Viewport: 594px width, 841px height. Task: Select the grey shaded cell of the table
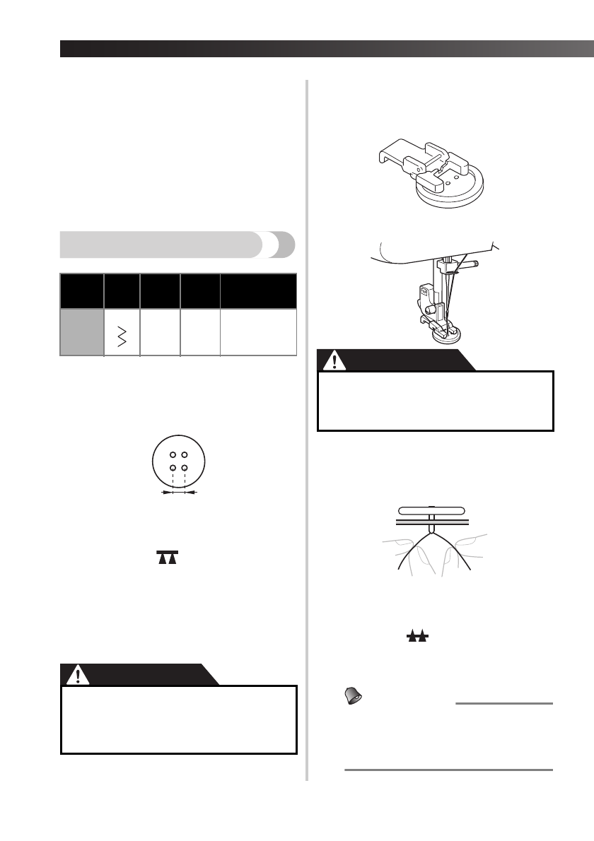tap(81, 331)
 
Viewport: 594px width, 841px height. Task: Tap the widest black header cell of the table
tap(258, 291)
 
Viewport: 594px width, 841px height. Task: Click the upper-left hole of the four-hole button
tap(172, 454)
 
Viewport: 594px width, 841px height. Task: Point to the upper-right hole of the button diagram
tap(185, 454)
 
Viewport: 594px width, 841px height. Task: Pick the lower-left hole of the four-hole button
tap(172, 467)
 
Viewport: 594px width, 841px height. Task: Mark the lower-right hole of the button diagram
tap(185, 467)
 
